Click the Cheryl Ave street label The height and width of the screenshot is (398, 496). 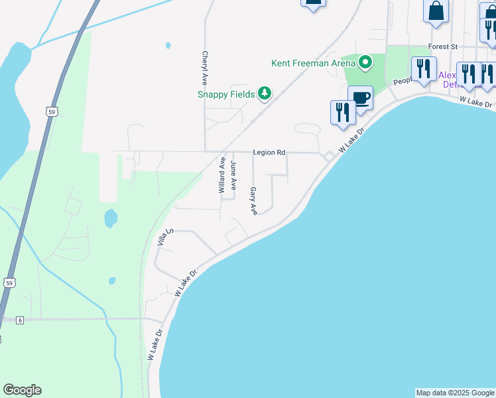[x=205, y=68]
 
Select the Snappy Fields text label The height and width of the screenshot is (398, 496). [x=226, y=94]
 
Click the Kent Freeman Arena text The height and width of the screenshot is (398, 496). [x=314, y=64]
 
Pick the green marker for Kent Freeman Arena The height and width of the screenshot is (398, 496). [x=365, y=63]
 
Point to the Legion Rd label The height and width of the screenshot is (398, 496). [x=269, y=153]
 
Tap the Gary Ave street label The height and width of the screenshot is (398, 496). [x=253, y=200]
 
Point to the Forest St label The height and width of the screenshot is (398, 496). [x=443, y=47]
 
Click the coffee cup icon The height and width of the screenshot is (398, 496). [x=360, y=98]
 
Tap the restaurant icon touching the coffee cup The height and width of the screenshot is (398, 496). [x=342, y=111]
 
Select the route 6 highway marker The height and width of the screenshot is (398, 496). [x=20, y=320]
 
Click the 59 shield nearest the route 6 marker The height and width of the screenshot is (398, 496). [x=9, y=283]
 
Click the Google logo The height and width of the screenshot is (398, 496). [x=22, y=390]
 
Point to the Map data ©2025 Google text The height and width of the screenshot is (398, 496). [x=455, y=393]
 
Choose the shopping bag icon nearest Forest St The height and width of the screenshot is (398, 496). [x=436, y=11]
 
